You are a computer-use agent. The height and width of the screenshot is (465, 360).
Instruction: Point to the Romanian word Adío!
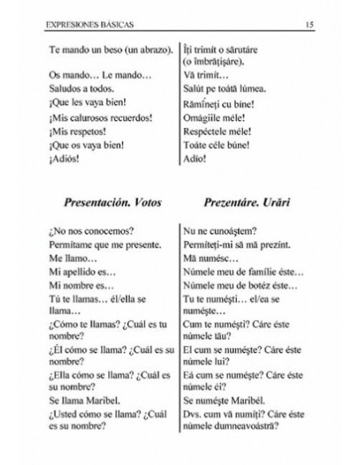pos(196,158)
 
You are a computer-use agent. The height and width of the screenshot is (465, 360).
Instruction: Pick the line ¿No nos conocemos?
pos(87,231)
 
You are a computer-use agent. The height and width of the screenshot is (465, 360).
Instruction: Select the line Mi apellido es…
pos(83,272)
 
